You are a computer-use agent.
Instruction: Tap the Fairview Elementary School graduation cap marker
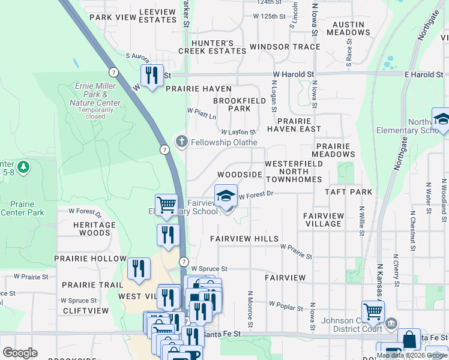(x=226, y=196)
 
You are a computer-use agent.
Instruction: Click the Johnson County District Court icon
(x=391, y=324)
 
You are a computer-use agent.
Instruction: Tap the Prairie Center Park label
(x=22, y=208)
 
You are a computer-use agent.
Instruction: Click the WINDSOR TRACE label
(x=285, y=47)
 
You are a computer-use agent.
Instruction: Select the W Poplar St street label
(x=286, y=307)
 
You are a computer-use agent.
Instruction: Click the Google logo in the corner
(x=20, y=353)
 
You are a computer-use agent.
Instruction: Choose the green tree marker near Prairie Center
(x=23, y=167)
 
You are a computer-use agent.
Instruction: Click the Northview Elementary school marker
(x=442, y=119)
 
